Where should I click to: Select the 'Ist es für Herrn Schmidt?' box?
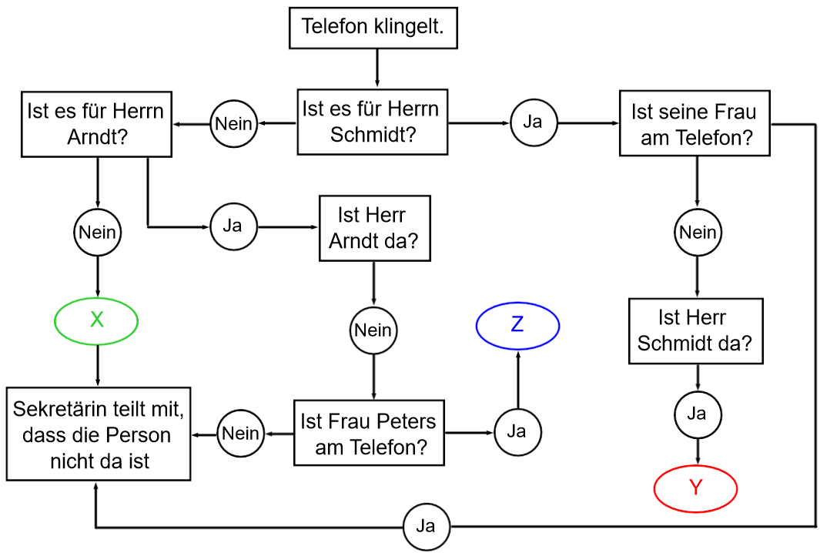tap(373, 122)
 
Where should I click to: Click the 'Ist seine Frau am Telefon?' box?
tap(694, 125)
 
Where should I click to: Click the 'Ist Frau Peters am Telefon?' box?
tap(369, 433)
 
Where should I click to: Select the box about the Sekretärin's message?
tap(99, 434)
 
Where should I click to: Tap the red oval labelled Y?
tap(696, 488)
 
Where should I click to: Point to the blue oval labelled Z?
tap(517, 325)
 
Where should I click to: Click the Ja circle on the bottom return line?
tap(426, 527)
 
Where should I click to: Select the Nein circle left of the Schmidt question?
tap(233, 123)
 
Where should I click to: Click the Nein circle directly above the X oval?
tap(97, 232)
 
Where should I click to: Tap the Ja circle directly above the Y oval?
tap(697, 414)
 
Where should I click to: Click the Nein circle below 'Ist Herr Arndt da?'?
tap(373, 330)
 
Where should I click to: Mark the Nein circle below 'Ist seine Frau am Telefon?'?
tap(698, 232)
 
